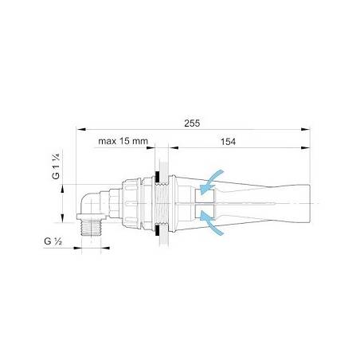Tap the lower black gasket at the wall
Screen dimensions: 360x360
click(x=162, y=236)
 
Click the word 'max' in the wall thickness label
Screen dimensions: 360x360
click(x=107, y=141)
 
